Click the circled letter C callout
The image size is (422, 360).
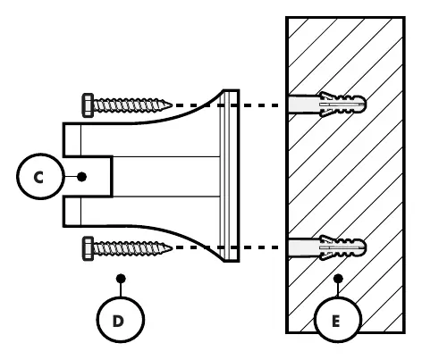click(40, 177)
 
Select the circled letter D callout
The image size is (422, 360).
click(121, 320)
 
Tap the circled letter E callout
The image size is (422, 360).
click(338, 320)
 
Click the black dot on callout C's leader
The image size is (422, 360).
click(81, 177)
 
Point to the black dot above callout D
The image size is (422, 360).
click(121, 279)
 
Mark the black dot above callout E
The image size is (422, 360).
click(338, 279)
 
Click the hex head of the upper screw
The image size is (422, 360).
click(88, 105)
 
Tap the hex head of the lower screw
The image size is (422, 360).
click(88, 248)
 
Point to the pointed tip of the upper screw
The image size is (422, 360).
click(172, 105)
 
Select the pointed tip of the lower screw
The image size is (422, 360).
click(172, 247)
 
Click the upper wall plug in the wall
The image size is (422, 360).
click(327, 105)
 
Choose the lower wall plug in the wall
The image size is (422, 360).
click(327, 247)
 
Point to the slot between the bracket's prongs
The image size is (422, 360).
click(88, 176)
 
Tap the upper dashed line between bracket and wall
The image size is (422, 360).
click(226, 105)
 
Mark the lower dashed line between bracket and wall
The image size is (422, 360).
click(226, 247)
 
